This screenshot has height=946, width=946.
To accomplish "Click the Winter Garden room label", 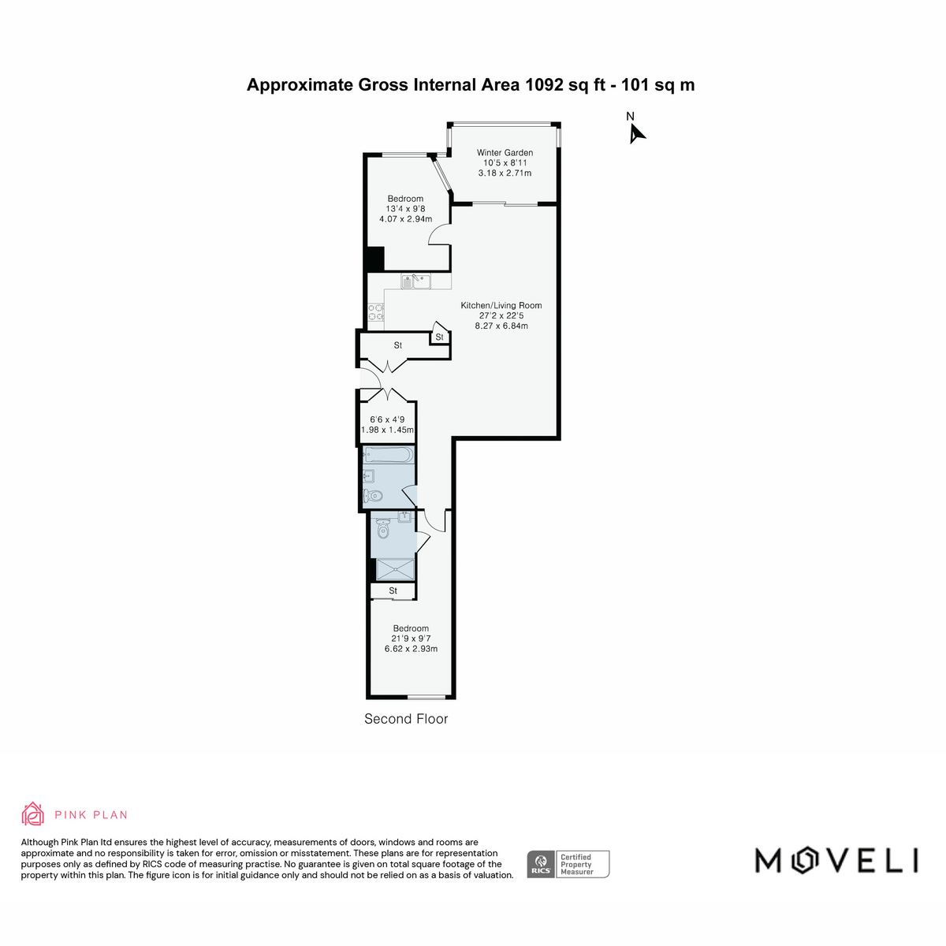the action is click(x=505, y=153).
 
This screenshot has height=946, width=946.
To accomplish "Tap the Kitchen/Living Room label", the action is click(x=501, y=305).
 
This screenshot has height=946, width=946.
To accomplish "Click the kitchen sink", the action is click(x=415, y=281).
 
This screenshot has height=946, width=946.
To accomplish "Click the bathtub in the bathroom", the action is click(x=389, y=455).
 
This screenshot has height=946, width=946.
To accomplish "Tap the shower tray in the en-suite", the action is click(x=395, y=569).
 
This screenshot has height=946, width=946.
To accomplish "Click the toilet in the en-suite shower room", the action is click(x=383, y=529).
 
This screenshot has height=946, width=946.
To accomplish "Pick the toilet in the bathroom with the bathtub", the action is click(x=373, y=495).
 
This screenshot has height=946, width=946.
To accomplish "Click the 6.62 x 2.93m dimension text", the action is click(x=411, y=649).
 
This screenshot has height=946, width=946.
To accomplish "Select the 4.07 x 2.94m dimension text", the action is click(x=405, y=219).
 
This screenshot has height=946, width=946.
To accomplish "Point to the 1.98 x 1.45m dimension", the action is click(x=387, y=430).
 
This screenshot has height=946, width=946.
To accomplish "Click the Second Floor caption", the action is click(x=406, y=719).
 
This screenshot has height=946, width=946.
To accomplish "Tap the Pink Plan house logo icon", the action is click(x=33, y=814).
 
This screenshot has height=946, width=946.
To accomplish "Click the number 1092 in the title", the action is click(x=545, y=85).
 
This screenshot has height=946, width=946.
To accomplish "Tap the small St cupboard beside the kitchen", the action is click(x=439, y=337).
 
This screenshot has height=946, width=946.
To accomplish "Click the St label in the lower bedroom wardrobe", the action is click(x=393, y=591).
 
